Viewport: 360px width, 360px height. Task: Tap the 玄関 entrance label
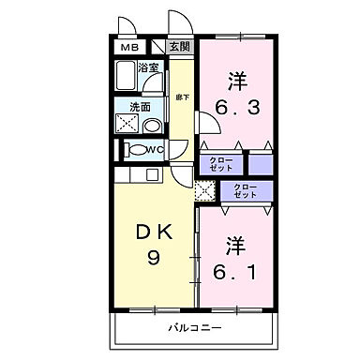[179, 46]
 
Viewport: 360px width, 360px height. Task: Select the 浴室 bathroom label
[147, 67]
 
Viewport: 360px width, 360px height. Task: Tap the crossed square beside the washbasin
[126, 124]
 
